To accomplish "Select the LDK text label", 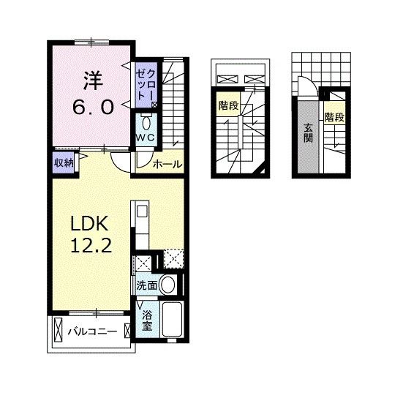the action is tap(89, 223).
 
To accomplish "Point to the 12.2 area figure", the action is tap(91, 245).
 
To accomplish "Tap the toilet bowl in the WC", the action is tap(146, 124).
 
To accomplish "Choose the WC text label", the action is tap(146, 138).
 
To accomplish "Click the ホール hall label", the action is tap(167, 165).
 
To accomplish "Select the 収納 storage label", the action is tap(64, 163).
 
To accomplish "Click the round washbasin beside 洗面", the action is tap(167, 285).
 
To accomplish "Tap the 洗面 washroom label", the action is tap(147, 286).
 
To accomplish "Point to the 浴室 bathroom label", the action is tap(147, 321).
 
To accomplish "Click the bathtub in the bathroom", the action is tap(172, 319).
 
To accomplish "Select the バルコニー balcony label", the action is tap(92, 331).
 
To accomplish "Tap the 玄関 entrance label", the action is tap(308, 133).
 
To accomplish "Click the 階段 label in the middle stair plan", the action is tap(229, 106).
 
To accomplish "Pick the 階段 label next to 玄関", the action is tap(334, 117).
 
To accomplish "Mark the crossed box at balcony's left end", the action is tap(58, 329).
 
